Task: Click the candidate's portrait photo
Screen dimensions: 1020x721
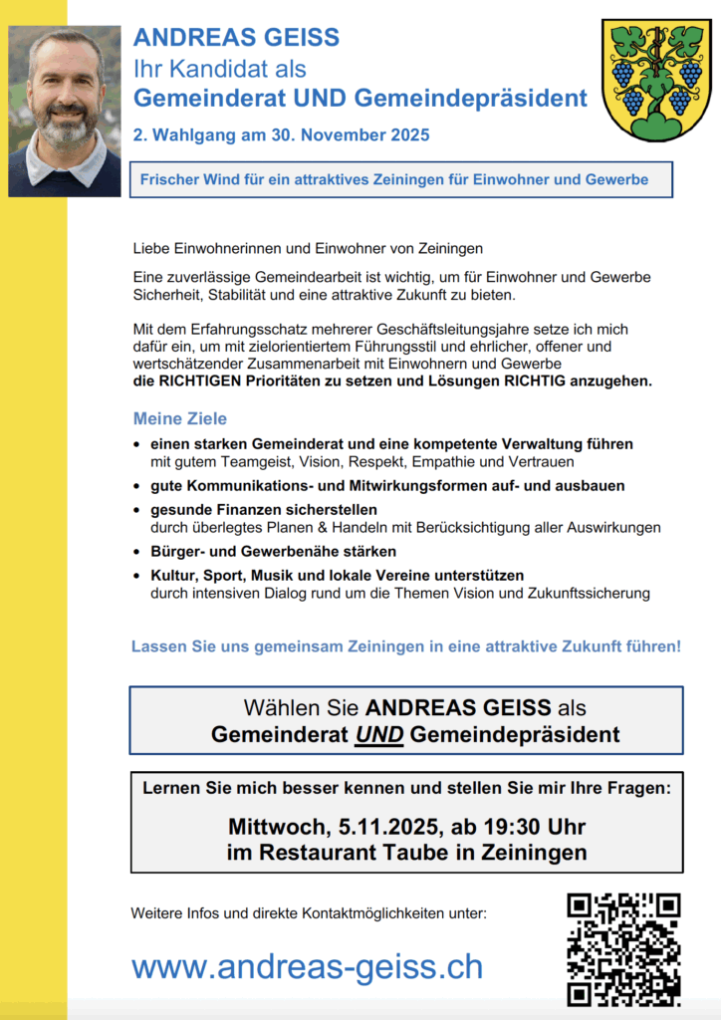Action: [64, 111]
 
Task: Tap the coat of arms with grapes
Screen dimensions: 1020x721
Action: [656, 81]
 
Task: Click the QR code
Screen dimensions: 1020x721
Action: [623, 948]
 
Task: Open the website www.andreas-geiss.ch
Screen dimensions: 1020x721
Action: [307, 966]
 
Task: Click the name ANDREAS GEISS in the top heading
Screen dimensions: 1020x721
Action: [236, 38]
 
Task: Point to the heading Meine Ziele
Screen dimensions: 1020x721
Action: [180, 418]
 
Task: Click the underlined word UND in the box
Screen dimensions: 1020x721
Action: [378, 735]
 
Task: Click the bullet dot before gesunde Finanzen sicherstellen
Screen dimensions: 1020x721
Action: [137, 511]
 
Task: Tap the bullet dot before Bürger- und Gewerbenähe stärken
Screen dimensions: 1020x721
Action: [137, 552]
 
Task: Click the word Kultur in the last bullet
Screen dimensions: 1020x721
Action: [173, 576]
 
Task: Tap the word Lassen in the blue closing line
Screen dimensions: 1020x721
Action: [158, 646]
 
